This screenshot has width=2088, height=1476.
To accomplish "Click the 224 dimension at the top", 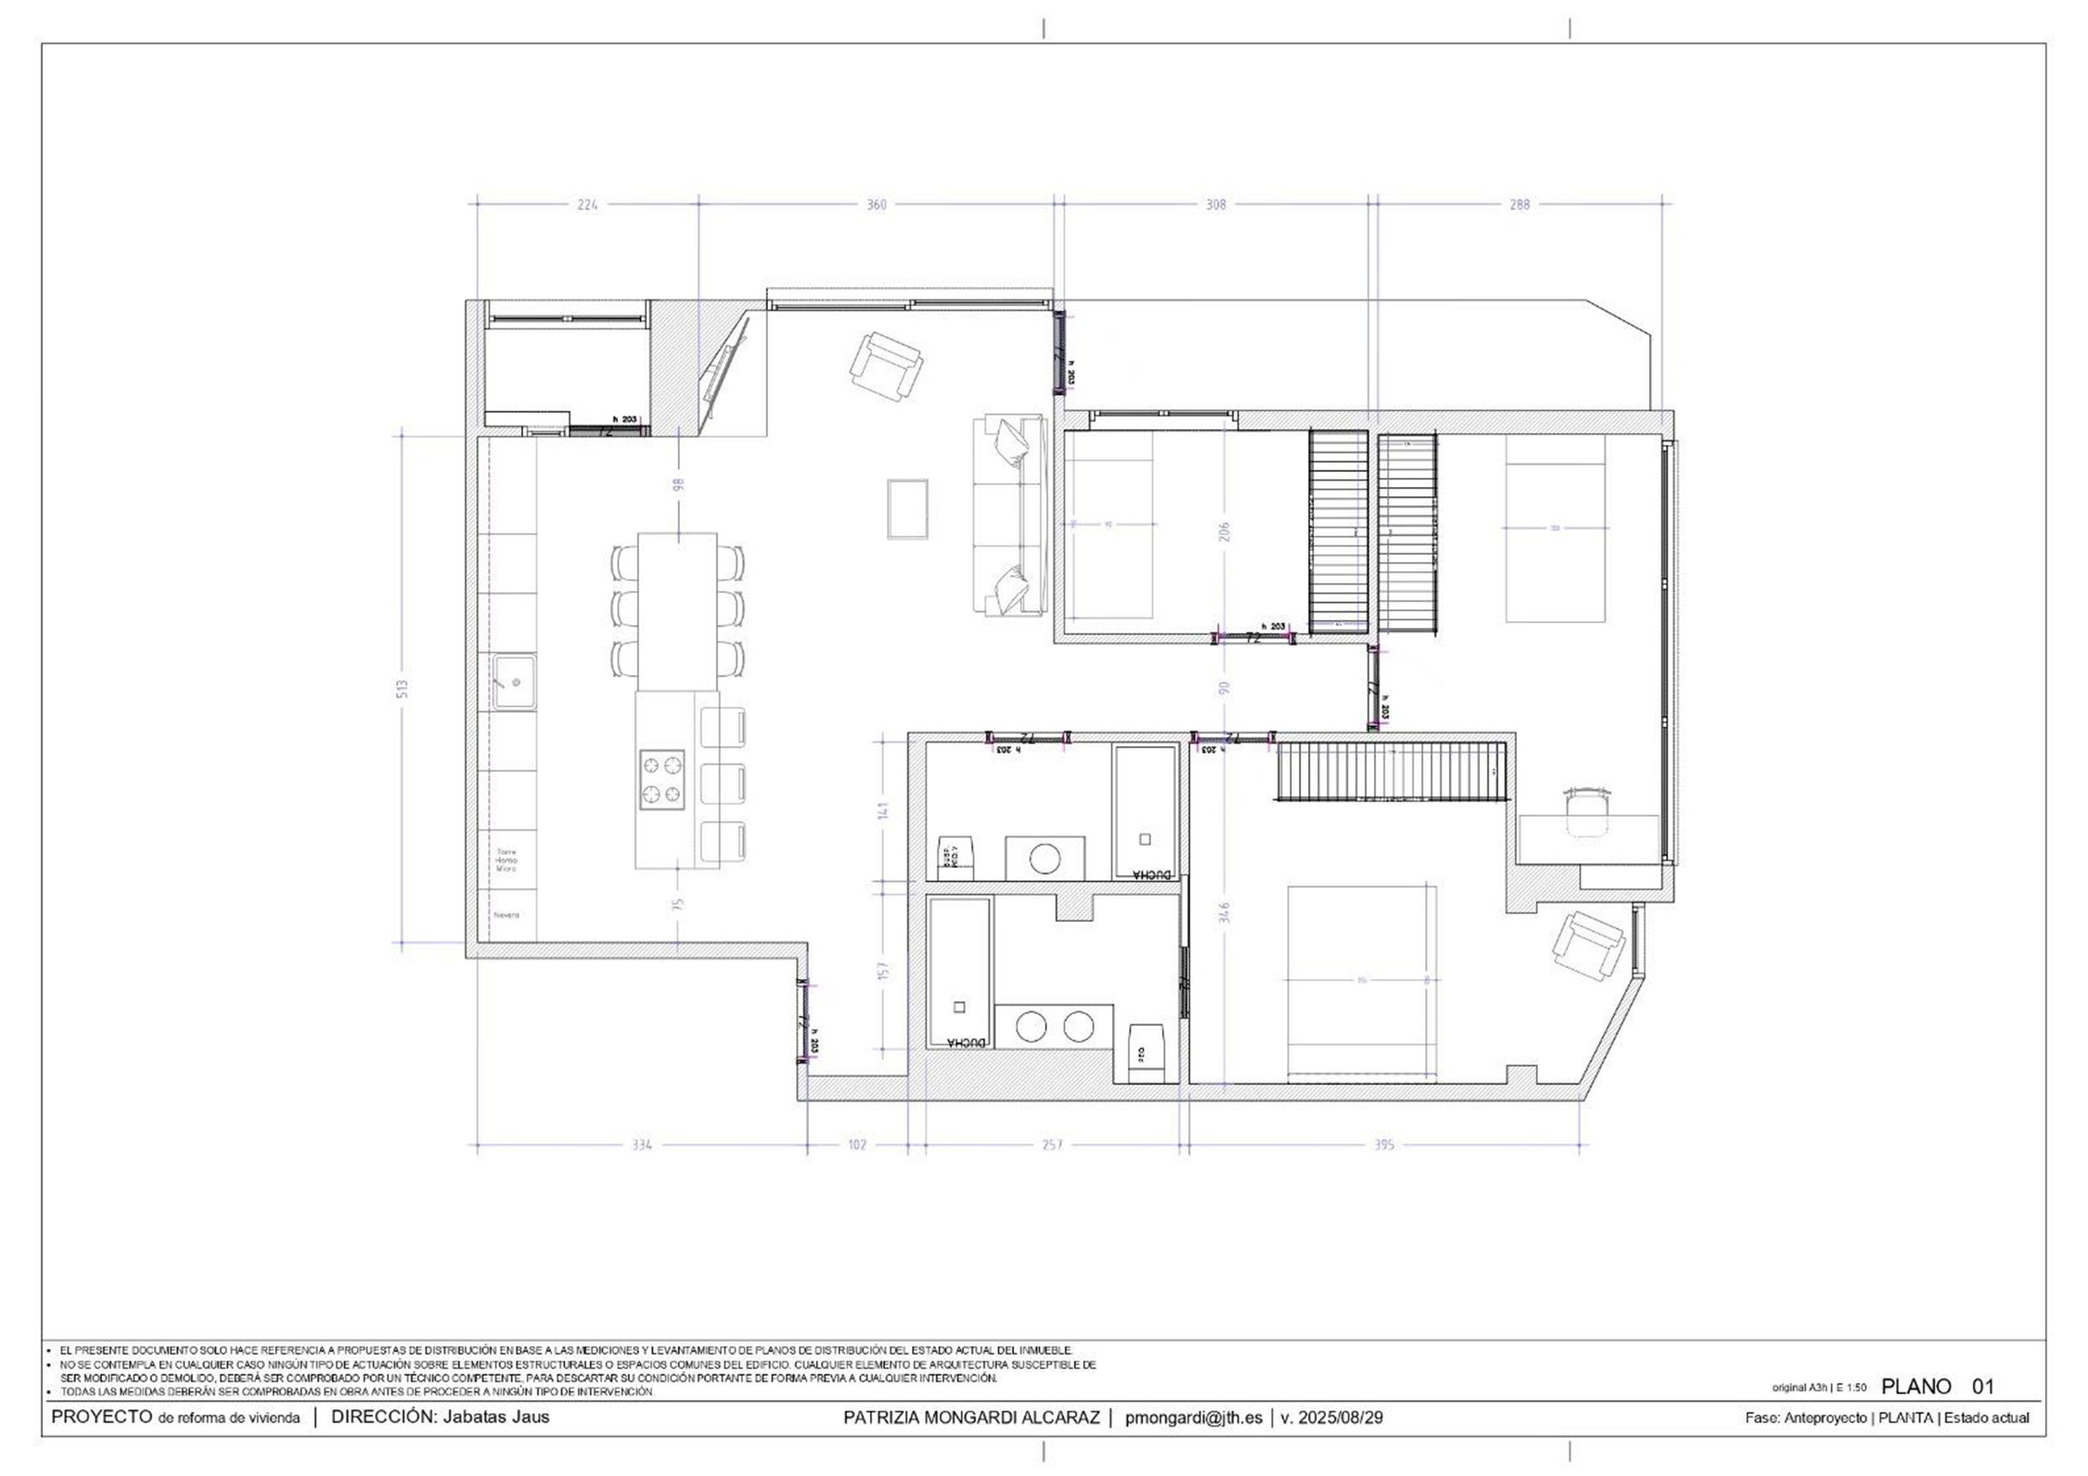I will pos(587,204).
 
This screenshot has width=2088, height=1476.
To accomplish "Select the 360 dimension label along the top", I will pos(875,204).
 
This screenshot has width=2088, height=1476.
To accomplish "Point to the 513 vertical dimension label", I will pos(402,689).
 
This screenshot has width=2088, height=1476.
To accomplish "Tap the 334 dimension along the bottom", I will pos(642,1145).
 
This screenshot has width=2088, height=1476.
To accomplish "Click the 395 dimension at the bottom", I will pos(1383,1145).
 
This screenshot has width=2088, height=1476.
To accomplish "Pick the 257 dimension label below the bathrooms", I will pos(1052,1145).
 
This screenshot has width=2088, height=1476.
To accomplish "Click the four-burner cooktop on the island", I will pos(661,780).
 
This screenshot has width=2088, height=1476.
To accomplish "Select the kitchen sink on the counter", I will pos(515,682).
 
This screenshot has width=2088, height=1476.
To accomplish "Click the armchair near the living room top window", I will pos(887,366).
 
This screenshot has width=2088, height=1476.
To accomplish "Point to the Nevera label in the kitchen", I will pos(506,915).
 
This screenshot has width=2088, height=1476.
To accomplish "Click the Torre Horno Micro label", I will pos(506,860).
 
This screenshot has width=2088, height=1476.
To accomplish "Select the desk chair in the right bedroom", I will pos(1587,809).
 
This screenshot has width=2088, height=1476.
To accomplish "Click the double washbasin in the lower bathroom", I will pos(1054,1026).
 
